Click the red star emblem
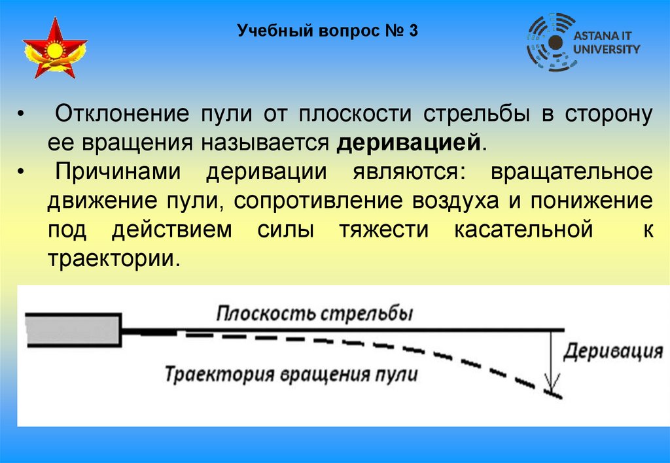click(54, 49)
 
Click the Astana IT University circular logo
click(552, 42)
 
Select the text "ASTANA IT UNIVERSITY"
click(607, 43)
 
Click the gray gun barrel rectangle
click(73, 328)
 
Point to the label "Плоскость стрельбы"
click(315, 314)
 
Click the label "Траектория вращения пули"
click(291, 375)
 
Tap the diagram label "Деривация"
click(613, 351)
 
